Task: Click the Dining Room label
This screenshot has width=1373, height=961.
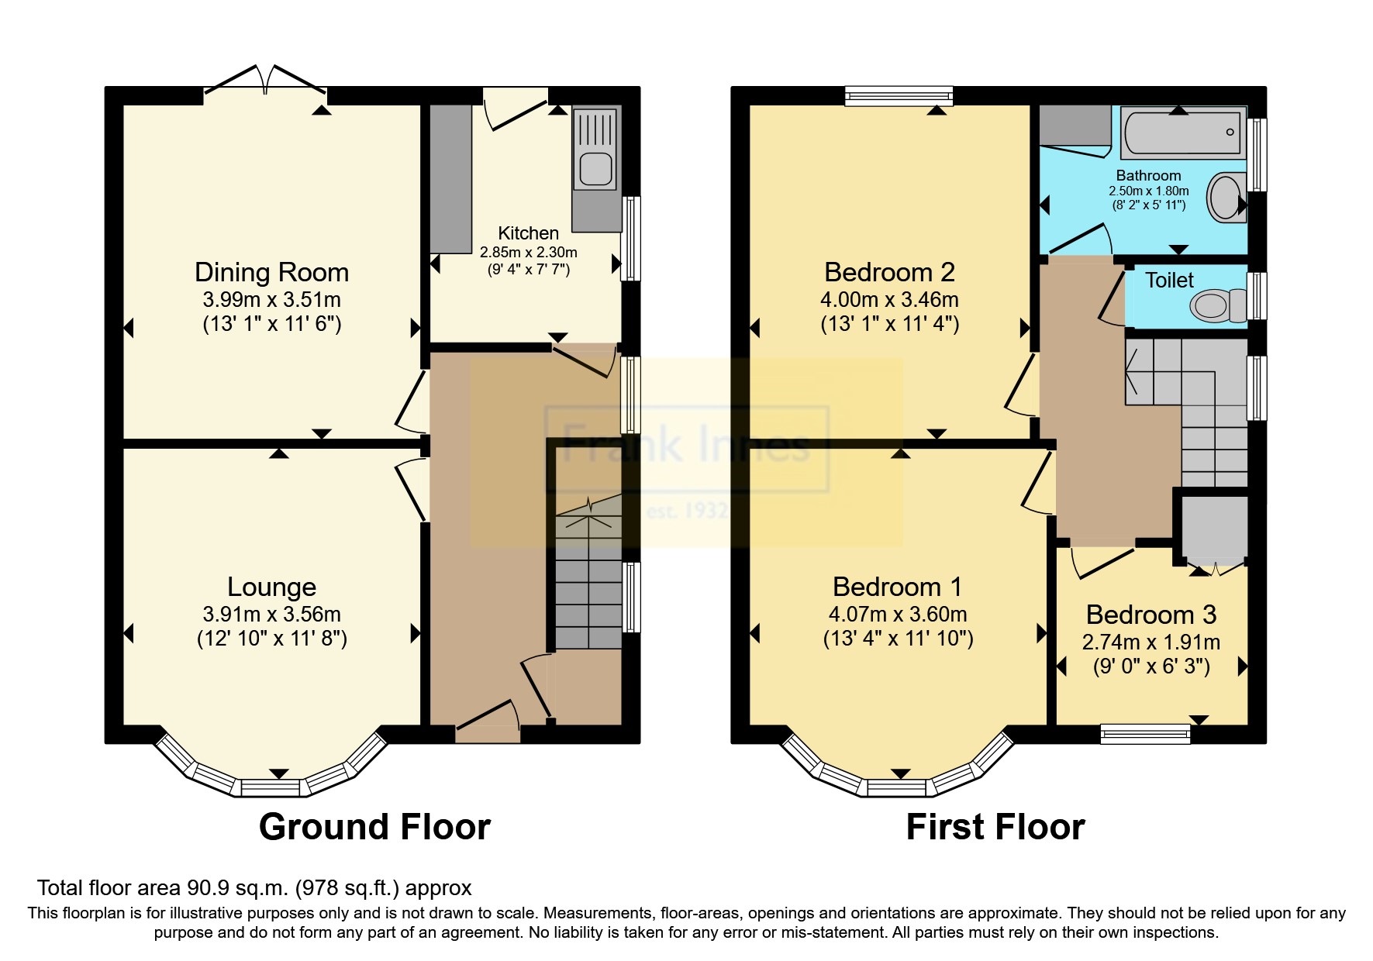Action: click(x=271, y=273)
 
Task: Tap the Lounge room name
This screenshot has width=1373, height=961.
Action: click(x=271, y=587)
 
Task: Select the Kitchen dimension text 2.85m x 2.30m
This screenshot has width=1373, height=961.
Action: click(x=528, y=253)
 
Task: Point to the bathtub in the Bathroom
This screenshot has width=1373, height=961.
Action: click(x=1182, y=133)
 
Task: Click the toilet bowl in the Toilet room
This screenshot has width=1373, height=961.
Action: click(x=1215, y=306)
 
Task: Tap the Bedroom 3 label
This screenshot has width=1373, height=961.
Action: click(x=1151, y=615)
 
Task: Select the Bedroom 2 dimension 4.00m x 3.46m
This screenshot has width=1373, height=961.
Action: click(x=889, y=300)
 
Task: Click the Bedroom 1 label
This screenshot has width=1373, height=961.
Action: click(x=897, y=587)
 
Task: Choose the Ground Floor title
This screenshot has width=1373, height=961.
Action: click(x=374, y=827)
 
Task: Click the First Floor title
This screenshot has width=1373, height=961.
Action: click(x=995, y=827)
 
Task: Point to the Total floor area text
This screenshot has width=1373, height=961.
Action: click(x=254, y=888)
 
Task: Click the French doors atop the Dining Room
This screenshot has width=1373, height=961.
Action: click(x=265, y=85)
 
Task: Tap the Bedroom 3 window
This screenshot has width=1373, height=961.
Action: click(x=1146, y=734)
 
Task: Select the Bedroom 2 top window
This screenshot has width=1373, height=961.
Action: click(x=899, y=95)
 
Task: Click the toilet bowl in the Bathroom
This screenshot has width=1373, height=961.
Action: click(x=1226, y=197)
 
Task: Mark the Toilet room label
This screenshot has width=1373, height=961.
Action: click(x=1169, y=281)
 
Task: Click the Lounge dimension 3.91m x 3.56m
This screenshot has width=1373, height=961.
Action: click(x=271, y=615)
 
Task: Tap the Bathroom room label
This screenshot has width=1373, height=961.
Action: click(x=1148, y=176)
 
